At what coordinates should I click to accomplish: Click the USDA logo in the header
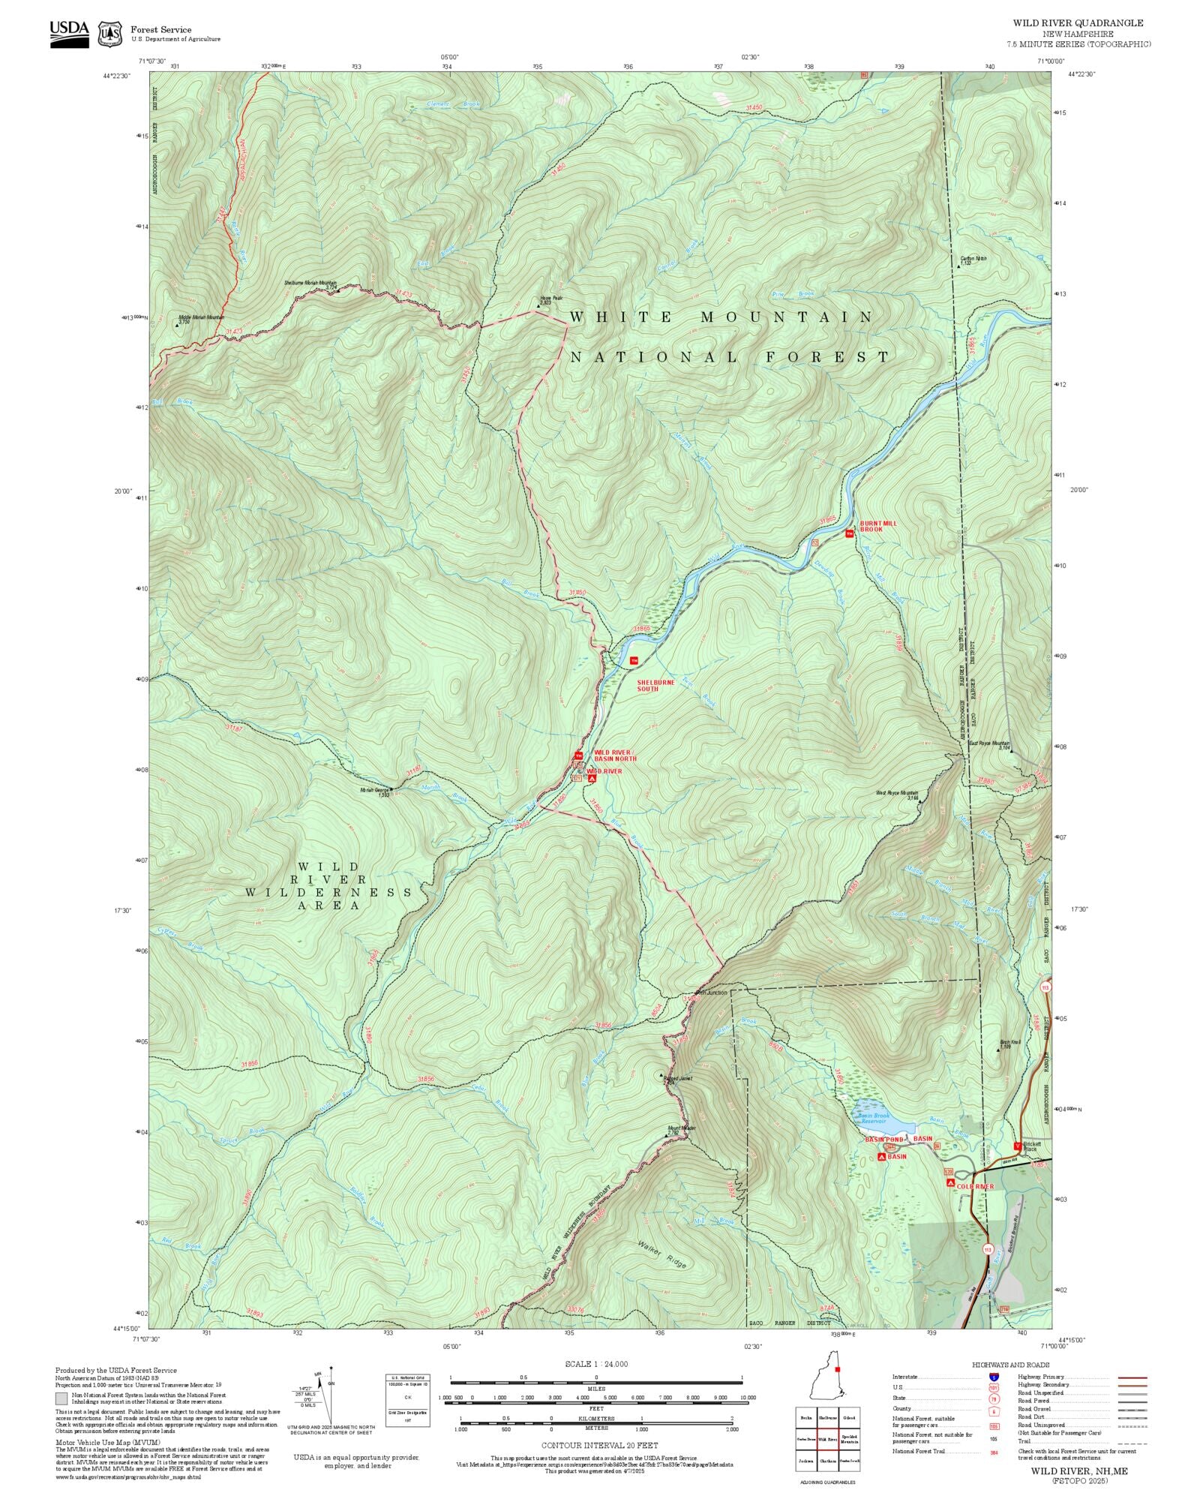pyautogui.click(x=69, y=34)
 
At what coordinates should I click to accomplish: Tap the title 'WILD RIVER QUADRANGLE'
pyautogui.click(x=1078, y=23)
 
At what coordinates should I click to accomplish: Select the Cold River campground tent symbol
pyautogui.click(x=950, y=1182)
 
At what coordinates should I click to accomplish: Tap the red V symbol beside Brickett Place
pyautogui.click(x=1016, y=1146)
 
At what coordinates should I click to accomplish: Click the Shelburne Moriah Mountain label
pyautogui.click(x=310, y=284)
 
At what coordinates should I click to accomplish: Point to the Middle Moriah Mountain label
pyautogui.click(x=201, y=317)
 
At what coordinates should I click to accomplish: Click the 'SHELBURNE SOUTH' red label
pyautogui.click(x=655, y=685)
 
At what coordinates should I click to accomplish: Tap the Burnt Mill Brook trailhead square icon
pyautogui.click(x=849, y=533)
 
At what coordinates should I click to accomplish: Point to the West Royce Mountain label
pyautogui.click(x=897, y=793)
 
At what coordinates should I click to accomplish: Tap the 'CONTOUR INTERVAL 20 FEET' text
pyautogui.click(x=599, y=1444)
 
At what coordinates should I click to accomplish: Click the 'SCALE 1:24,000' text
pyautogui.click(x=596, y=1364)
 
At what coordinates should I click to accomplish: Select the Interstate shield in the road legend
pyautogui.click(x=994, y=1377)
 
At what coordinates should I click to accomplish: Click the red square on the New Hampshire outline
pyautogui.click(x=837, y=1368)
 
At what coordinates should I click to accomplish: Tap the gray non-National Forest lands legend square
pyautogui.click(x=61, y=1398)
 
